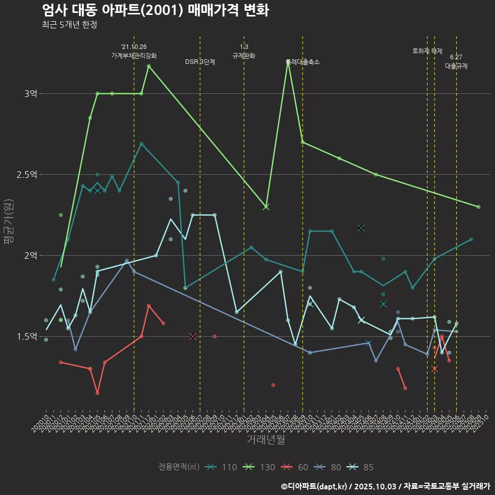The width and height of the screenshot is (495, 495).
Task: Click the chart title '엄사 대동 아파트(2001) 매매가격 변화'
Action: [155, 10]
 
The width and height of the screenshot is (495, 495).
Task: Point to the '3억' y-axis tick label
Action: [30, 94]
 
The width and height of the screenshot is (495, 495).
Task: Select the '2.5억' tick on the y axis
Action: [27, 175]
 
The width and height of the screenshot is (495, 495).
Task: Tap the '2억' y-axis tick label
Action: [30, 256]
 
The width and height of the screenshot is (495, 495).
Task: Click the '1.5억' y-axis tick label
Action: [27, 337]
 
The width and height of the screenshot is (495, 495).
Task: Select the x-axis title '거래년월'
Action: [266, 440]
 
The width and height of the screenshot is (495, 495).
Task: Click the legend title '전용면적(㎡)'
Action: [178, 467]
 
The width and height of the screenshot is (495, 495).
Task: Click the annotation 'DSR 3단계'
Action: [200, 62]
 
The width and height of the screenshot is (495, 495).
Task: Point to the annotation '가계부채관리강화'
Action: [134, 56]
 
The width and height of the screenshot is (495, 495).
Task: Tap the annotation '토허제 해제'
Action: [427, 51]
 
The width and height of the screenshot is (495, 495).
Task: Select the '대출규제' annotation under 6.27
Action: [456, 66]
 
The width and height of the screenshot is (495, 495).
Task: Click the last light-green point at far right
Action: [478, 207]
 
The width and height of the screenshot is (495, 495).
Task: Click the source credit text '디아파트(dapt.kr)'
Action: [317, 486]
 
